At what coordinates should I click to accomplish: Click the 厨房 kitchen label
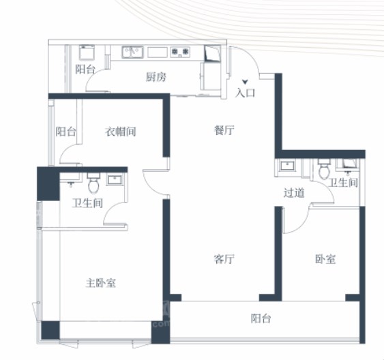(x=156, y=77)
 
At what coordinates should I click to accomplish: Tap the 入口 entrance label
(x=245, y=93)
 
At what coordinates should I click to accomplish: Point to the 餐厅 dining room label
(x=224, y=130)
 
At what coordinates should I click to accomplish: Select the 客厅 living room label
(x=224, y=259)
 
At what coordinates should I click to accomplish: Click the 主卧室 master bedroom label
(x=101, y=283)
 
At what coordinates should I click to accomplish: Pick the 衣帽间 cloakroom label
(x=121, y=132)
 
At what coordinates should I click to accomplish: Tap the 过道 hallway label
(x=294, y=192)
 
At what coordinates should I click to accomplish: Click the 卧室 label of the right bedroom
(x=325, y=259)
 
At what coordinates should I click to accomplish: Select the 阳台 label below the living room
(x=261, y=318)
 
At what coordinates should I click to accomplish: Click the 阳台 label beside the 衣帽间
(x=65, y=132)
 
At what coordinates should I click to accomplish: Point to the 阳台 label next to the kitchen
(x=85, y=70)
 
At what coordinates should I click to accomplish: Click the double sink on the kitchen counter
(x=132, y=52)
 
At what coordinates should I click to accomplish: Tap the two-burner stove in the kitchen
(x=180, y=52)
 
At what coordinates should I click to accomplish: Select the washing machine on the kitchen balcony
(x=87, y=52)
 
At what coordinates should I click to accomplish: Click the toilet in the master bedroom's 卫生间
(x=93, y=183)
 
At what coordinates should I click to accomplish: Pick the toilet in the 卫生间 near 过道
(x=324, y=169)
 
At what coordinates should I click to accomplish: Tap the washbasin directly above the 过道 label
(x=288, y=166)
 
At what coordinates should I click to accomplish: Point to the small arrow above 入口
(x=245, y=82)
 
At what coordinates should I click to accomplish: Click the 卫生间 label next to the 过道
(x=343, y=183)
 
